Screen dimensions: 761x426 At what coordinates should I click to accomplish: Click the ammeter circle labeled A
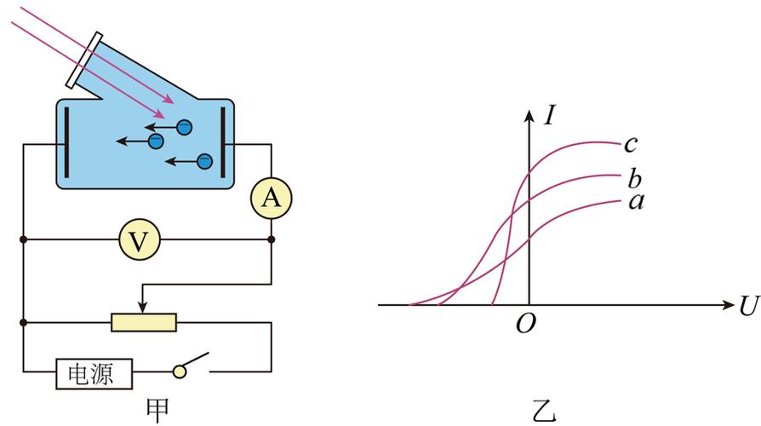[x=272, y=199]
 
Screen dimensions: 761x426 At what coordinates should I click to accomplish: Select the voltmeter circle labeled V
[x=140, y=239]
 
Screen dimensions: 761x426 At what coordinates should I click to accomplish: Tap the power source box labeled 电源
[x=94, y=374]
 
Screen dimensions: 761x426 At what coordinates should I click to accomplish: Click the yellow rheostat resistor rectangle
[x=144, y=323]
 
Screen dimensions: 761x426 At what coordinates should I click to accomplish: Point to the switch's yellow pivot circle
[x=180, y=372]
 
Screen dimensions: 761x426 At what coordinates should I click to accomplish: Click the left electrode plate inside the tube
[x=66, y=143]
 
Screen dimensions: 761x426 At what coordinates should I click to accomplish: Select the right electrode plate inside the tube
[x=223, y=143]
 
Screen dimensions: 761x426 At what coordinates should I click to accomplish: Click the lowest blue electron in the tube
[x=205, y=161]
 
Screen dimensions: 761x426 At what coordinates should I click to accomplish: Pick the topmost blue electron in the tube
[x=185, y=127]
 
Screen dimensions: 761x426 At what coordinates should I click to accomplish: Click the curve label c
[x=631, y=144]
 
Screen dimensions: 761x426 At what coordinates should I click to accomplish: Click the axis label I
[x=549, y=116]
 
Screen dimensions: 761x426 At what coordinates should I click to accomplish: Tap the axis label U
[x=749, y=306]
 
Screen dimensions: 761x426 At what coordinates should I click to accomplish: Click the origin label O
[x=526, y=324]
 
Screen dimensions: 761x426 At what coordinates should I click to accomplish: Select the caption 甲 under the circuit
[x=157, y=411]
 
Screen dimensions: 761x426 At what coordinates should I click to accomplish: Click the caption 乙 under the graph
[x=544, y=411]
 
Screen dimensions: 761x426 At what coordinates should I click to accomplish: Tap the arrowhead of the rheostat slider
[x=142, y=307]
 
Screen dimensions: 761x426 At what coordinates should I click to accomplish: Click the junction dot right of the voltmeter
[x=272, y=239]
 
